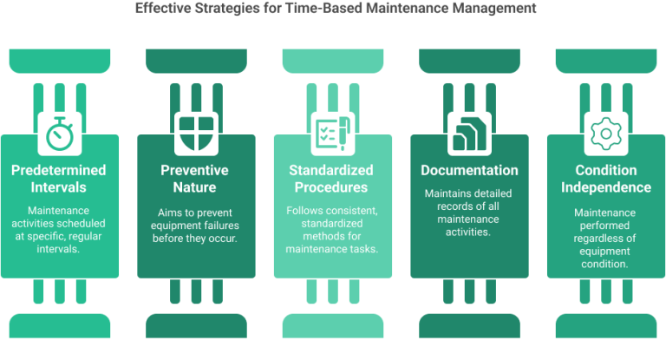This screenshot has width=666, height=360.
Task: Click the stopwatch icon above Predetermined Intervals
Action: click(60, 134)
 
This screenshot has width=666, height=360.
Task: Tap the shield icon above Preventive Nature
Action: click(196, 134)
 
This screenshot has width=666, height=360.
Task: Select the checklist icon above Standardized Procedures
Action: click(333, 134)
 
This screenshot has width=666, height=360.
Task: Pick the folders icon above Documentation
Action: click(469, 134)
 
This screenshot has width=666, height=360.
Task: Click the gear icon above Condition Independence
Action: click(605, 134)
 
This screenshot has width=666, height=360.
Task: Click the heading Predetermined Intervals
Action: click(60, 180)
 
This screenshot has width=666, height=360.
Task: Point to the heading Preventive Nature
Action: click(196, 180)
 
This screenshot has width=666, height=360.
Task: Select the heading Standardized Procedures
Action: click(333, 180)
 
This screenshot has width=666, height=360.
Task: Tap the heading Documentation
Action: click(469, 171)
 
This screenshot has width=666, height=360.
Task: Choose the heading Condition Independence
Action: click(605, 180)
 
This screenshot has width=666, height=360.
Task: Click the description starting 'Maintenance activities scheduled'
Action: click(60, 229)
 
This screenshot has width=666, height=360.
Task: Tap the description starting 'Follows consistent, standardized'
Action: click(333, 229)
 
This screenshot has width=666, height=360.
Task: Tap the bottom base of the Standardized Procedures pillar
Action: click(333, 325)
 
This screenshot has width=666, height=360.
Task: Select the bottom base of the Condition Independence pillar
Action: click(605, 325)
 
